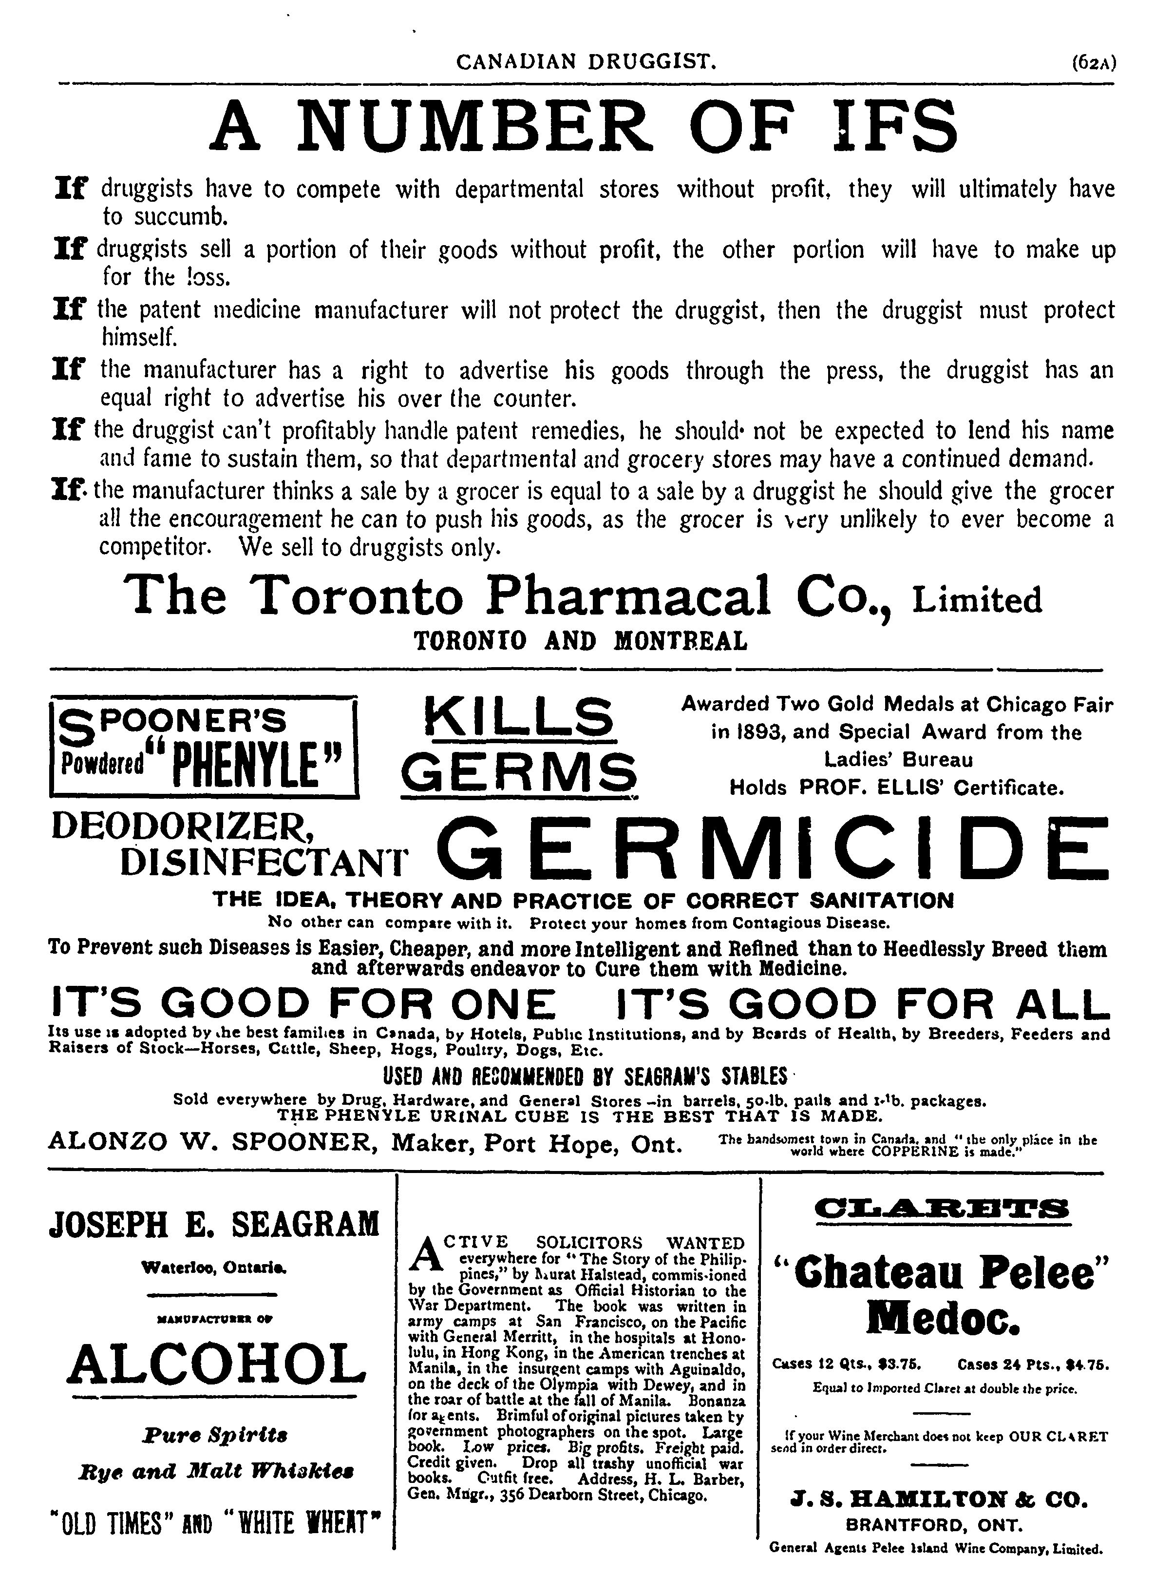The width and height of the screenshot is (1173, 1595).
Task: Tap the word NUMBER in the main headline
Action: pos(474,126)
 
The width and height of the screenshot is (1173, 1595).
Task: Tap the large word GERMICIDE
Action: pos(774,850)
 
